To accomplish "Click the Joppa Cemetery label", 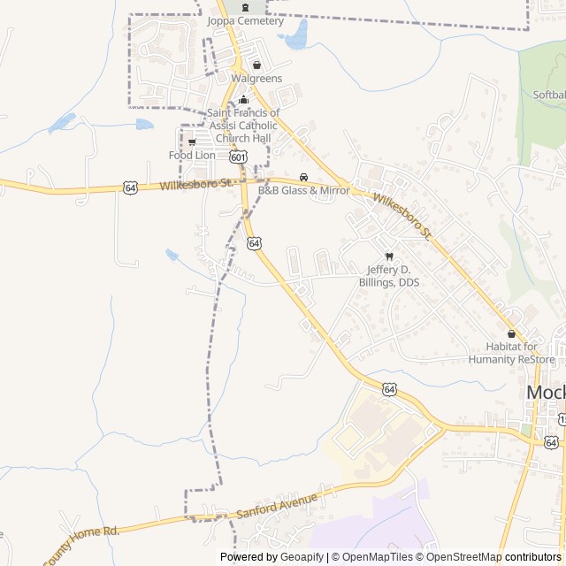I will pyautogui.click(x=246, y=21).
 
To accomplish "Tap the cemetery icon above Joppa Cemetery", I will pyautogui.click(x=245, y=7).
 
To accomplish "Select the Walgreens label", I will pyautogui.click(x=256, y=79).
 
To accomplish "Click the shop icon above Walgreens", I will pyautogui.click(x=256, y=65).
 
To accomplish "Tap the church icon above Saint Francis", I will pyautogui.click(x=243, y=99).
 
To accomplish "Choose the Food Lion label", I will pyautogui.click(x=192, y=156).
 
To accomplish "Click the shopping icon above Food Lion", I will pyautogui.click(x=192, y=141).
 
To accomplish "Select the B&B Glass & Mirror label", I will pyautogui.click(x=303, y=190).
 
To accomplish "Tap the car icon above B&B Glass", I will pyautogui.click(x=303, y=177).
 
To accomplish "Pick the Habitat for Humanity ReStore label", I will pyautogui.click(x=520, y=353).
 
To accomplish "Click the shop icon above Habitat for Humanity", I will pyautogui.click(x=511, y=333).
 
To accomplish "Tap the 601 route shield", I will pyautogui.click(x=237, y=157).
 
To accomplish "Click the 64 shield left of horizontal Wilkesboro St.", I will pyautogui.click(x=131, y=187).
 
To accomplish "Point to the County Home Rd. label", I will pyautogui.click(x=80, y=541).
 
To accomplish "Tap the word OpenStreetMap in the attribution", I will pyautogui.click(x=464, y=557).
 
